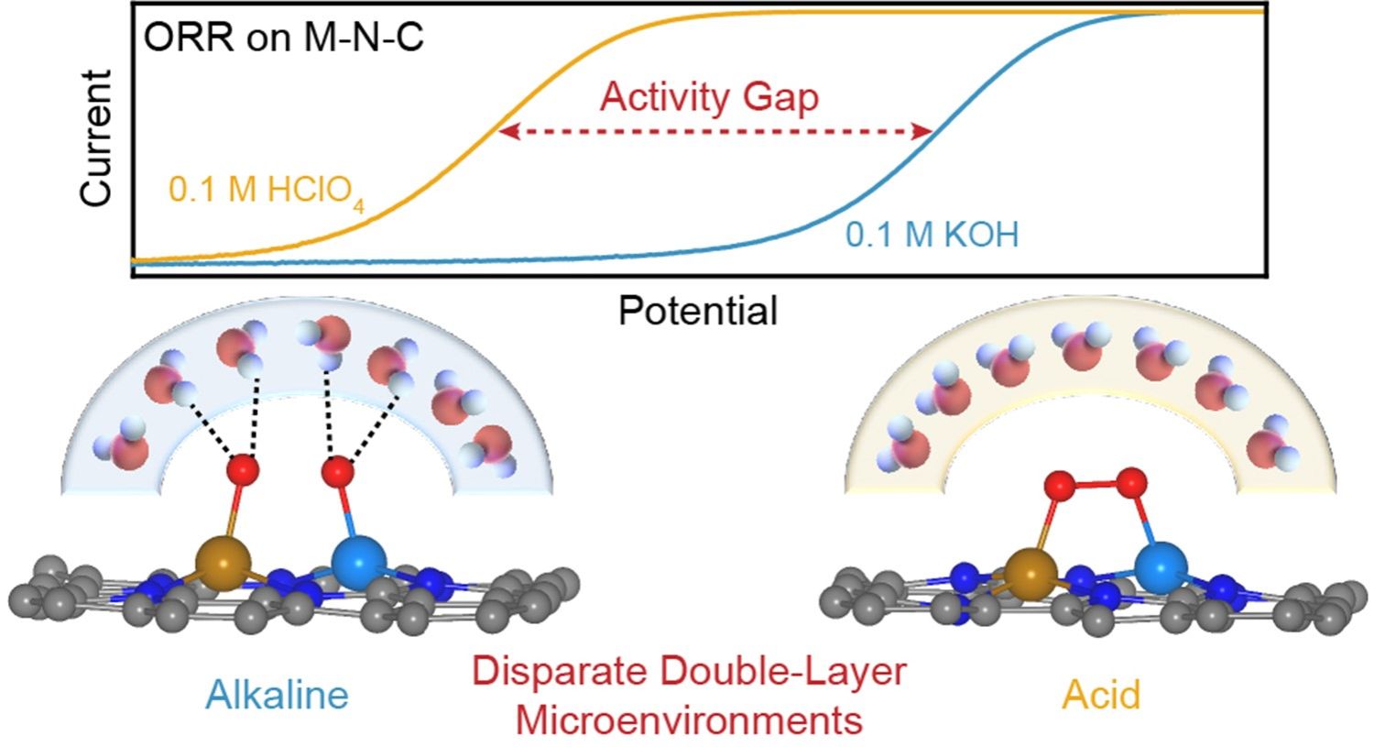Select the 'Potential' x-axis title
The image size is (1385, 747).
click(x=698, y=311)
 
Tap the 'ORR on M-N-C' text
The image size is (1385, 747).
click(x=283, y=38)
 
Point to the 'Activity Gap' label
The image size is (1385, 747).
click(x=709, y=97)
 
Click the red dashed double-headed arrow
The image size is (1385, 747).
click(x=714, y=132)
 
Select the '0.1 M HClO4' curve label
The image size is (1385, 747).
click(x=266, y=192)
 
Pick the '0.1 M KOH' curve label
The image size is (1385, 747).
click(x=932, y=235)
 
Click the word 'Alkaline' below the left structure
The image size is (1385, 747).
click(x=277, y=694)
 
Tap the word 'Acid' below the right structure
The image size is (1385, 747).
click(x=1101, y=694)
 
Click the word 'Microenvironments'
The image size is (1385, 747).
click(x=689, y=720)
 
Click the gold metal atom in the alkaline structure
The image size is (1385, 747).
click(x=223, y=563)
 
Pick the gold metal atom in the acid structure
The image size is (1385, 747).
click(x=1031, y=575)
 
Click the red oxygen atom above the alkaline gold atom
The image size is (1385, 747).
click(x=242, y=470)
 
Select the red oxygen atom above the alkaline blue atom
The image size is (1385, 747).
click(x=337, y=472)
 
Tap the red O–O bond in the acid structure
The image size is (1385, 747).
click(x=1096, y=482)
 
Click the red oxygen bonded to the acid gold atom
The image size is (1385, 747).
click(x=1060, y=483)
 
